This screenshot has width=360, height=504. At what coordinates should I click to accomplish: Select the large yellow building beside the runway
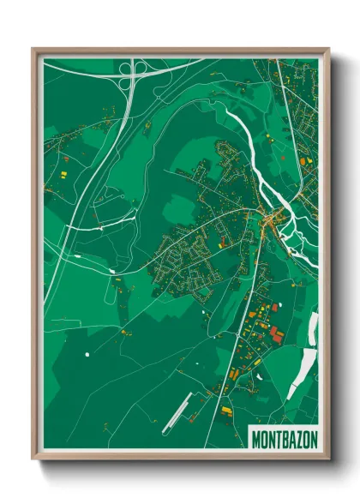(x=227, y=411)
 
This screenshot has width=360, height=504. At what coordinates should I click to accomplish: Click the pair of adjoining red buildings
(x=274, y=333)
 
